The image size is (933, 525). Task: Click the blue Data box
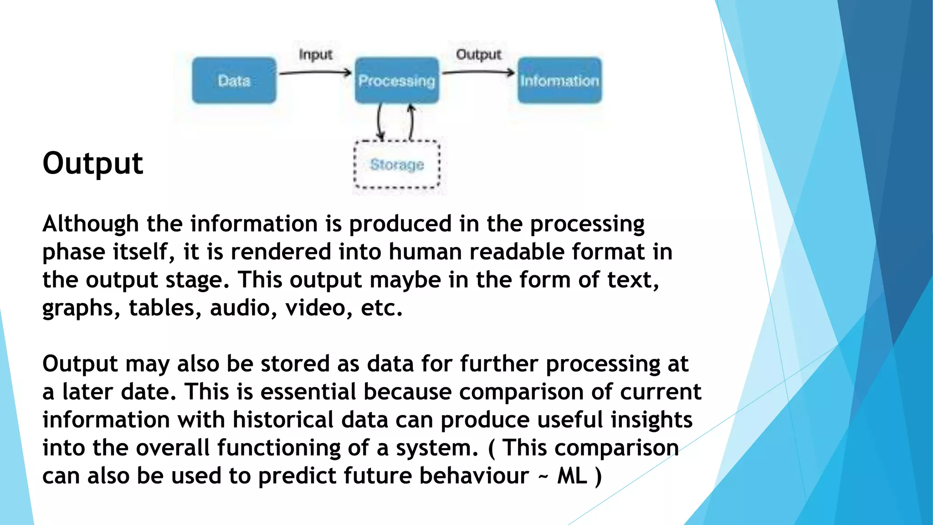click(234, 80)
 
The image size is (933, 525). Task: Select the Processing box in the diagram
click(396, 80)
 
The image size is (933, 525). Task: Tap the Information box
click(559, 80)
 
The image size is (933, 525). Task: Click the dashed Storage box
click(397, 165)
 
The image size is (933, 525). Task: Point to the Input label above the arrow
click(315, 55)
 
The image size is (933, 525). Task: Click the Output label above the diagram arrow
click(478, 55)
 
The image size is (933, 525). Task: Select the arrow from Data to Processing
click(315, 72)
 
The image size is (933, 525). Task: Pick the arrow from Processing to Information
click(478, 72)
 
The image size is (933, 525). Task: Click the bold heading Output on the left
click(92, 163)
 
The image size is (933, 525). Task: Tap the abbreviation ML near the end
click(572, 476)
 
